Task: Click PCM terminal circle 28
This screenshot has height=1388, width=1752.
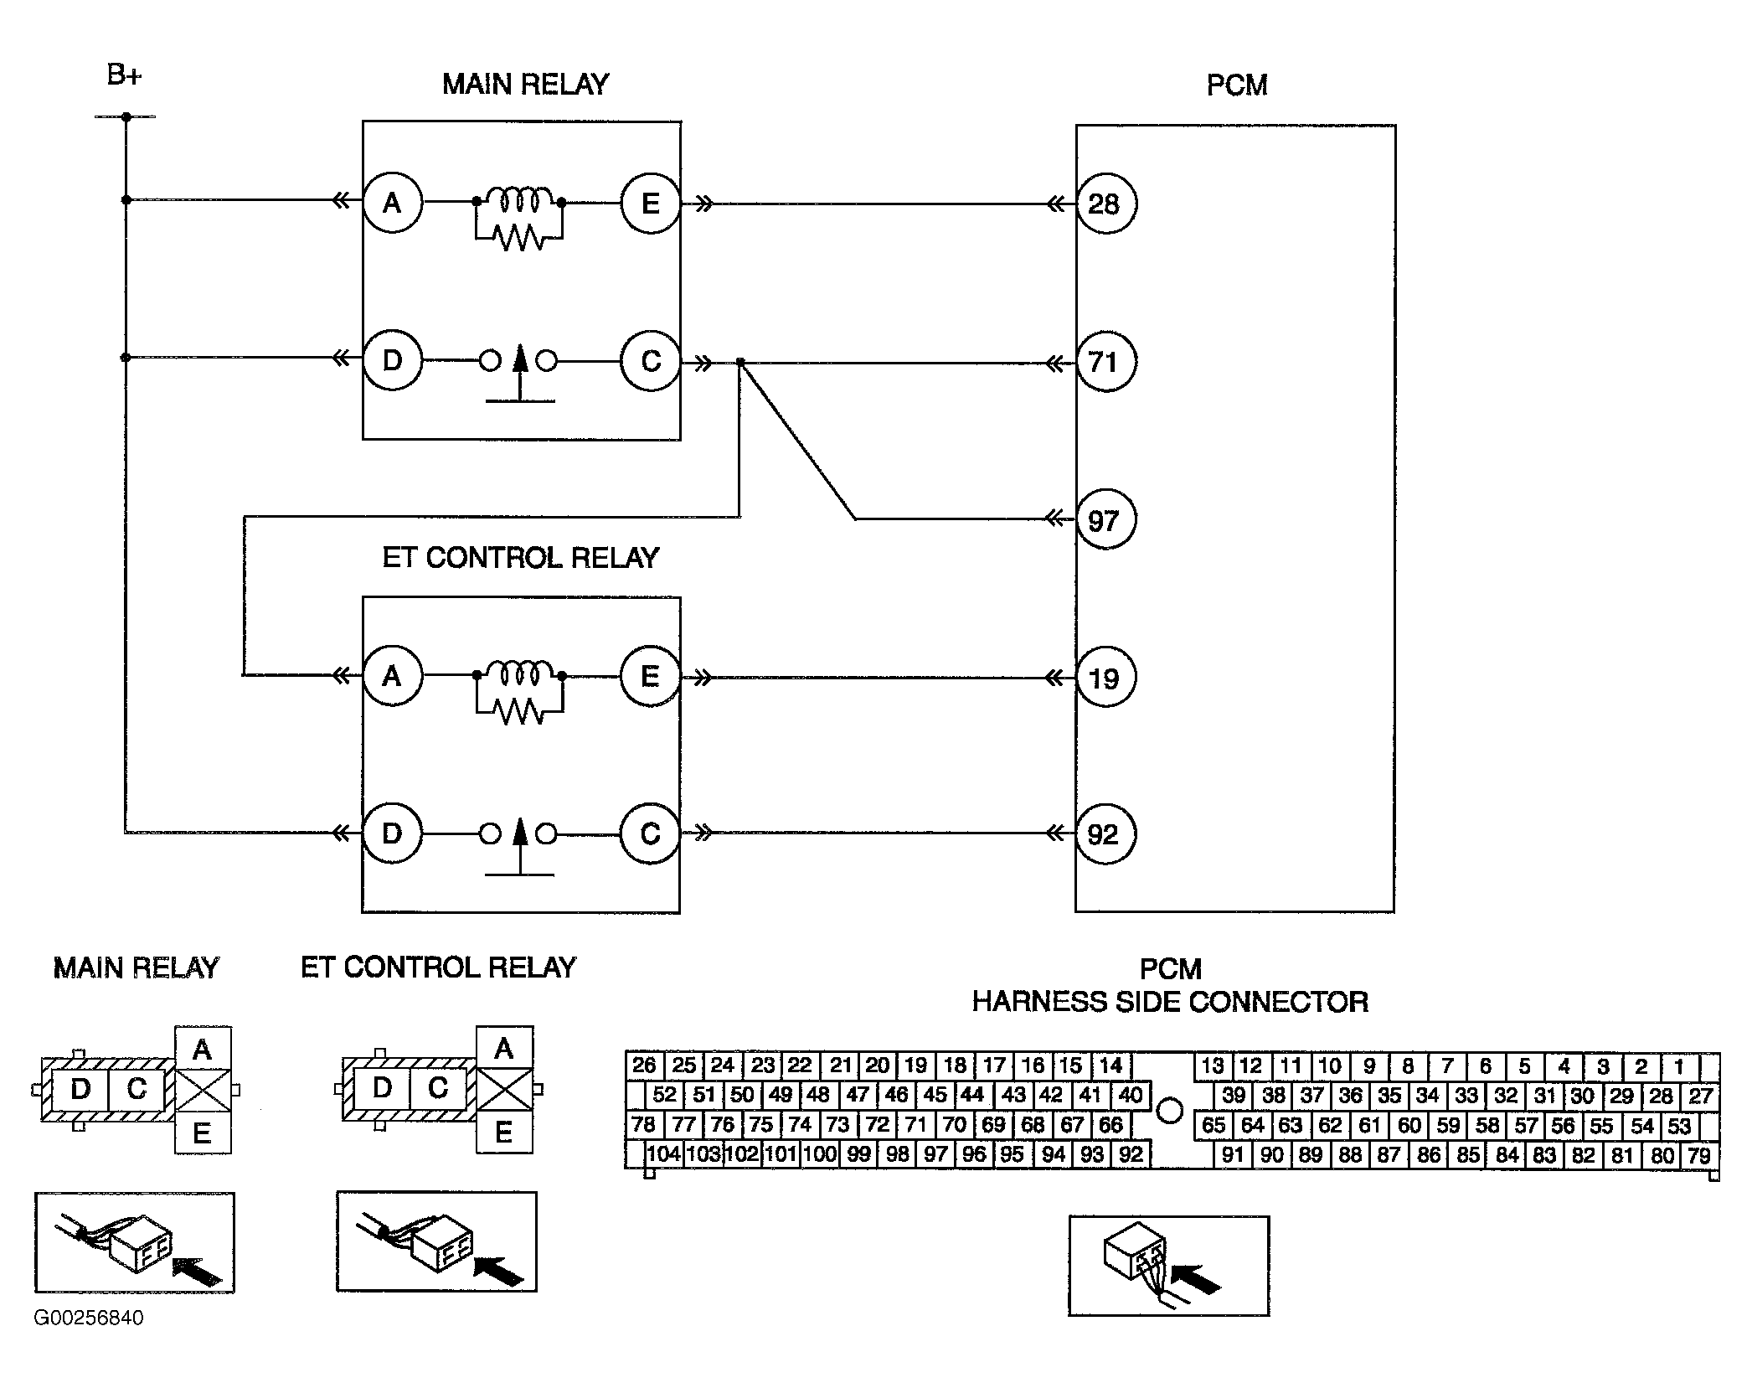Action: click(1105, 204)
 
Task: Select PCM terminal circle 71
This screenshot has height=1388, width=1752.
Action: click(1105, 362)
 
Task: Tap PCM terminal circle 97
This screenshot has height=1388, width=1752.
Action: click(1105, 520)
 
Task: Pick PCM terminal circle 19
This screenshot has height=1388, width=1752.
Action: click(1105, 678)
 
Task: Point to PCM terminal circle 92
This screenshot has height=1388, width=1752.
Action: click(1105, 834)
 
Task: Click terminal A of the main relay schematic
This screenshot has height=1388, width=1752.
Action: click(393, 203)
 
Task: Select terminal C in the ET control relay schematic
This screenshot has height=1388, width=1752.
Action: click(651, 834)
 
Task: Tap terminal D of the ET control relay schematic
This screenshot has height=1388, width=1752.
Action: click(393, 834)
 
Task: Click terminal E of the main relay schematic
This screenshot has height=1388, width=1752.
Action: click(651, 203)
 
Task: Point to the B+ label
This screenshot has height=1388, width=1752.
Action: click(124, 75)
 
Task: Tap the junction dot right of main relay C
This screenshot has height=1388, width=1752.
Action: click(740, 363)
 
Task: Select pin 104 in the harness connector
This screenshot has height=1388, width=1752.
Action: click(664, 1154)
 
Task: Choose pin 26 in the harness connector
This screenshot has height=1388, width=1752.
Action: click(644, 1066)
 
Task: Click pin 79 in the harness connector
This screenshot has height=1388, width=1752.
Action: click(1699, 1156)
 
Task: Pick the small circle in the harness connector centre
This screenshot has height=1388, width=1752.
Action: click(1169, 1111)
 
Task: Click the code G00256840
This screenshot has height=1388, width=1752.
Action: click(89, 1318)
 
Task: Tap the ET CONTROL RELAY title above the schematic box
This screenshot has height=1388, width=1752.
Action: click(521, 558)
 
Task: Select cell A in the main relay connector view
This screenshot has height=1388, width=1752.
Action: click(203, 1049)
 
